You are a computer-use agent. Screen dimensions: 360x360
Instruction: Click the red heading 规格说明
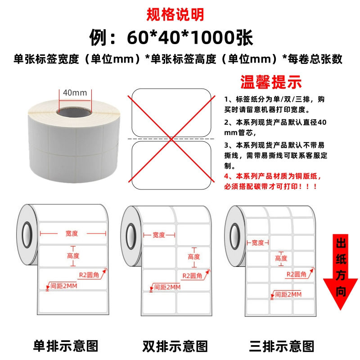click(175, 14)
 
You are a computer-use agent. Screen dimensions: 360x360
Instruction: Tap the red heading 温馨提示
click(271, 82)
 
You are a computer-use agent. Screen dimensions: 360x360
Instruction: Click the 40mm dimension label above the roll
click(75, 93)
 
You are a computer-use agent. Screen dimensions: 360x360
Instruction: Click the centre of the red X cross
click(171, 139)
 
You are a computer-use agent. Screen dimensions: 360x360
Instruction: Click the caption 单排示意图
click(66, 346)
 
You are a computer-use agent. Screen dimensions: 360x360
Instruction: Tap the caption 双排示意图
click(175, 346)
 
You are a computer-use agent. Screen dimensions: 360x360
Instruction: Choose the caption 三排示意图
click(282, 346)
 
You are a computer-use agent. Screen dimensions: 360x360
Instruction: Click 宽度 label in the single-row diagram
click(72, 234)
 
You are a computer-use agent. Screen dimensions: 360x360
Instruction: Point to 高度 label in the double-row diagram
click(194, 256)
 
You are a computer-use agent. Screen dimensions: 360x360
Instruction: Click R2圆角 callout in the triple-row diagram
click(297, 274)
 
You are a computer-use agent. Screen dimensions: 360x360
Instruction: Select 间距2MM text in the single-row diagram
click(64, 286)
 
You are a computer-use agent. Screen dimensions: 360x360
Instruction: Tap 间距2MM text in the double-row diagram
click(167, 287)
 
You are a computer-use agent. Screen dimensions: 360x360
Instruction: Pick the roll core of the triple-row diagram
click(235, 237)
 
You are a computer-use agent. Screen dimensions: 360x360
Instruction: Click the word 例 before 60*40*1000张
click(98, 37)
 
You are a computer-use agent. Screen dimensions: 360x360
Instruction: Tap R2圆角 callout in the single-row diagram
click(89, 275)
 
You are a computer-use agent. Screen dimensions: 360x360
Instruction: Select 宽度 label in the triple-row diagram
click(258, 243)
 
